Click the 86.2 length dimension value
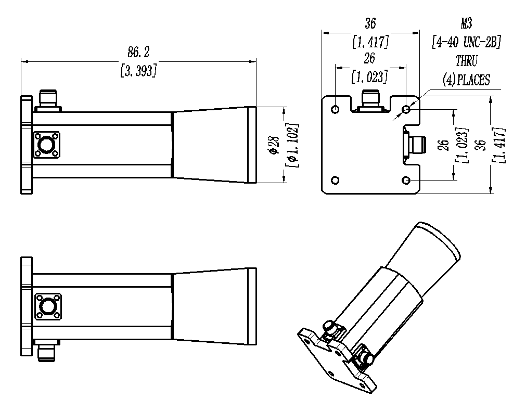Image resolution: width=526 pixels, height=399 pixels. (138, 53)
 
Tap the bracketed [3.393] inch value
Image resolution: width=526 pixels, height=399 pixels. (138, 71)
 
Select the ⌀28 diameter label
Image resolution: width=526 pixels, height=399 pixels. (274, 145)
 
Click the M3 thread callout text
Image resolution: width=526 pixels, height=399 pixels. (466, 23)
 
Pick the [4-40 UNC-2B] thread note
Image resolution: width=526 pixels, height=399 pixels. (466, 42)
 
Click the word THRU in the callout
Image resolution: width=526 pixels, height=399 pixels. (466, 61)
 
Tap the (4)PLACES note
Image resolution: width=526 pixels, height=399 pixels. (466, 80)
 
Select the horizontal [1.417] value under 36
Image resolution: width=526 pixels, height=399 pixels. (370, 42)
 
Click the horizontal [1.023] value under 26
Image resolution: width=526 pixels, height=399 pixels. (370, 77)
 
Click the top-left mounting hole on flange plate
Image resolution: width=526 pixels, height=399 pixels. (335, 109)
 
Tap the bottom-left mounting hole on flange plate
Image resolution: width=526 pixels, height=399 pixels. (335, 181)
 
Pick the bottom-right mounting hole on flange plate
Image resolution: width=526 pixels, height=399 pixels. (406, 181)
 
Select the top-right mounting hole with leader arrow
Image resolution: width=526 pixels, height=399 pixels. (406, 109)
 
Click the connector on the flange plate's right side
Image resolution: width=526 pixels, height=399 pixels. (415, 145)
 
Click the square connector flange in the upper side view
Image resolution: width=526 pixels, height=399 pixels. (47, 145)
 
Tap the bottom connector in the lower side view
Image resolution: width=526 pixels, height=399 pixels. (47, 350)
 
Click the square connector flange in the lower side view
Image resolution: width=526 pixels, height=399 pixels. (48, 306)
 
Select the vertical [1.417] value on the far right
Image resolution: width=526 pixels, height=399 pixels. (499, 145)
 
